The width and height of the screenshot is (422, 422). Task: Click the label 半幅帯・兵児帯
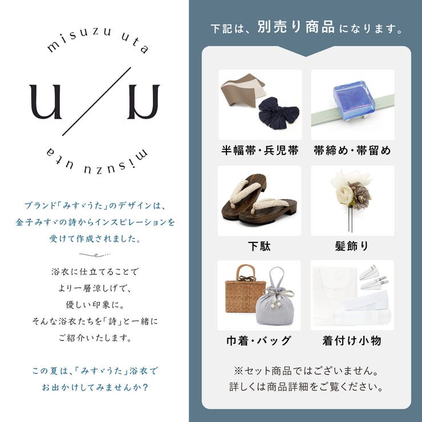click(260, 151)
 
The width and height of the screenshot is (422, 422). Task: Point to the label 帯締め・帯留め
click(352, 151)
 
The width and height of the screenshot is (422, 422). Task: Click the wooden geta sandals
click(259, 200)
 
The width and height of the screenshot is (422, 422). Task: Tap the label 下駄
click(259, 246)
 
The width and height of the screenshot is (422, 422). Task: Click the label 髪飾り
click(352, 246)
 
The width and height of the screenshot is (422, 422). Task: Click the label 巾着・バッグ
click(259, 341)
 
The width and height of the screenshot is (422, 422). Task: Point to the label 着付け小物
click(352, 341)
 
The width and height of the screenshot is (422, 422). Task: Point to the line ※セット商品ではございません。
click(306, 371)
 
